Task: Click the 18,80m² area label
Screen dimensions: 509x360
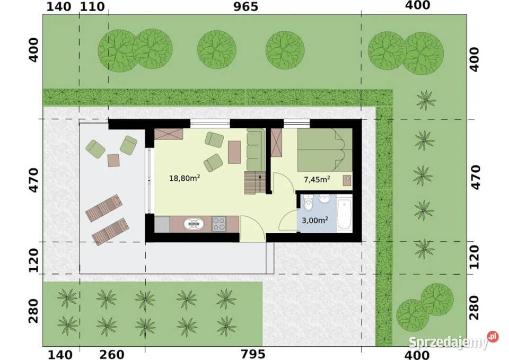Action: coord(185,178)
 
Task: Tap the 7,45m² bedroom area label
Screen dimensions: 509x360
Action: coord(317,179)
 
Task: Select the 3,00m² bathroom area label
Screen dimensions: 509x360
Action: coord(314,220)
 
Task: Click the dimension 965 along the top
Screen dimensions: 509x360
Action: coord(245,7)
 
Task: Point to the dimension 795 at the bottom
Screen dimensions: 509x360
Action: coord(253,354)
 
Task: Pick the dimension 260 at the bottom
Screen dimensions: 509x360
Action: coord(112,354)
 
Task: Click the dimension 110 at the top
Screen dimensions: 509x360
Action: coord(92,6)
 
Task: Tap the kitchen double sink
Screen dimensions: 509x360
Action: coord(194,224)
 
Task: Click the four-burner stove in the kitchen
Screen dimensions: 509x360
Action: coord(219,224)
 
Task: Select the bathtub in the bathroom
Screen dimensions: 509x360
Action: coord(345,214)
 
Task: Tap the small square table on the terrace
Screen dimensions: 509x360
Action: coord(113,160)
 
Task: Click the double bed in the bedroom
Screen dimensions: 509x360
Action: coord(324,150)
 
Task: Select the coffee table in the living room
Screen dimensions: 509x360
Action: coord(234,152)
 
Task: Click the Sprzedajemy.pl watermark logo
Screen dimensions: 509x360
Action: coord(453,341)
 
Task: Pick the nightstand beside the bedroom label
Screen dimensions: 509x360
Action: coord(347,180)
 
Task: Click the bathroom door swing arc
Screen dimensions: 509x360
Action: coord(288,220)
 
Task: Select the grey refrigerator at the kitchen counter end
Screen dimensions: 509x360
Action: coord(162,224)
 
